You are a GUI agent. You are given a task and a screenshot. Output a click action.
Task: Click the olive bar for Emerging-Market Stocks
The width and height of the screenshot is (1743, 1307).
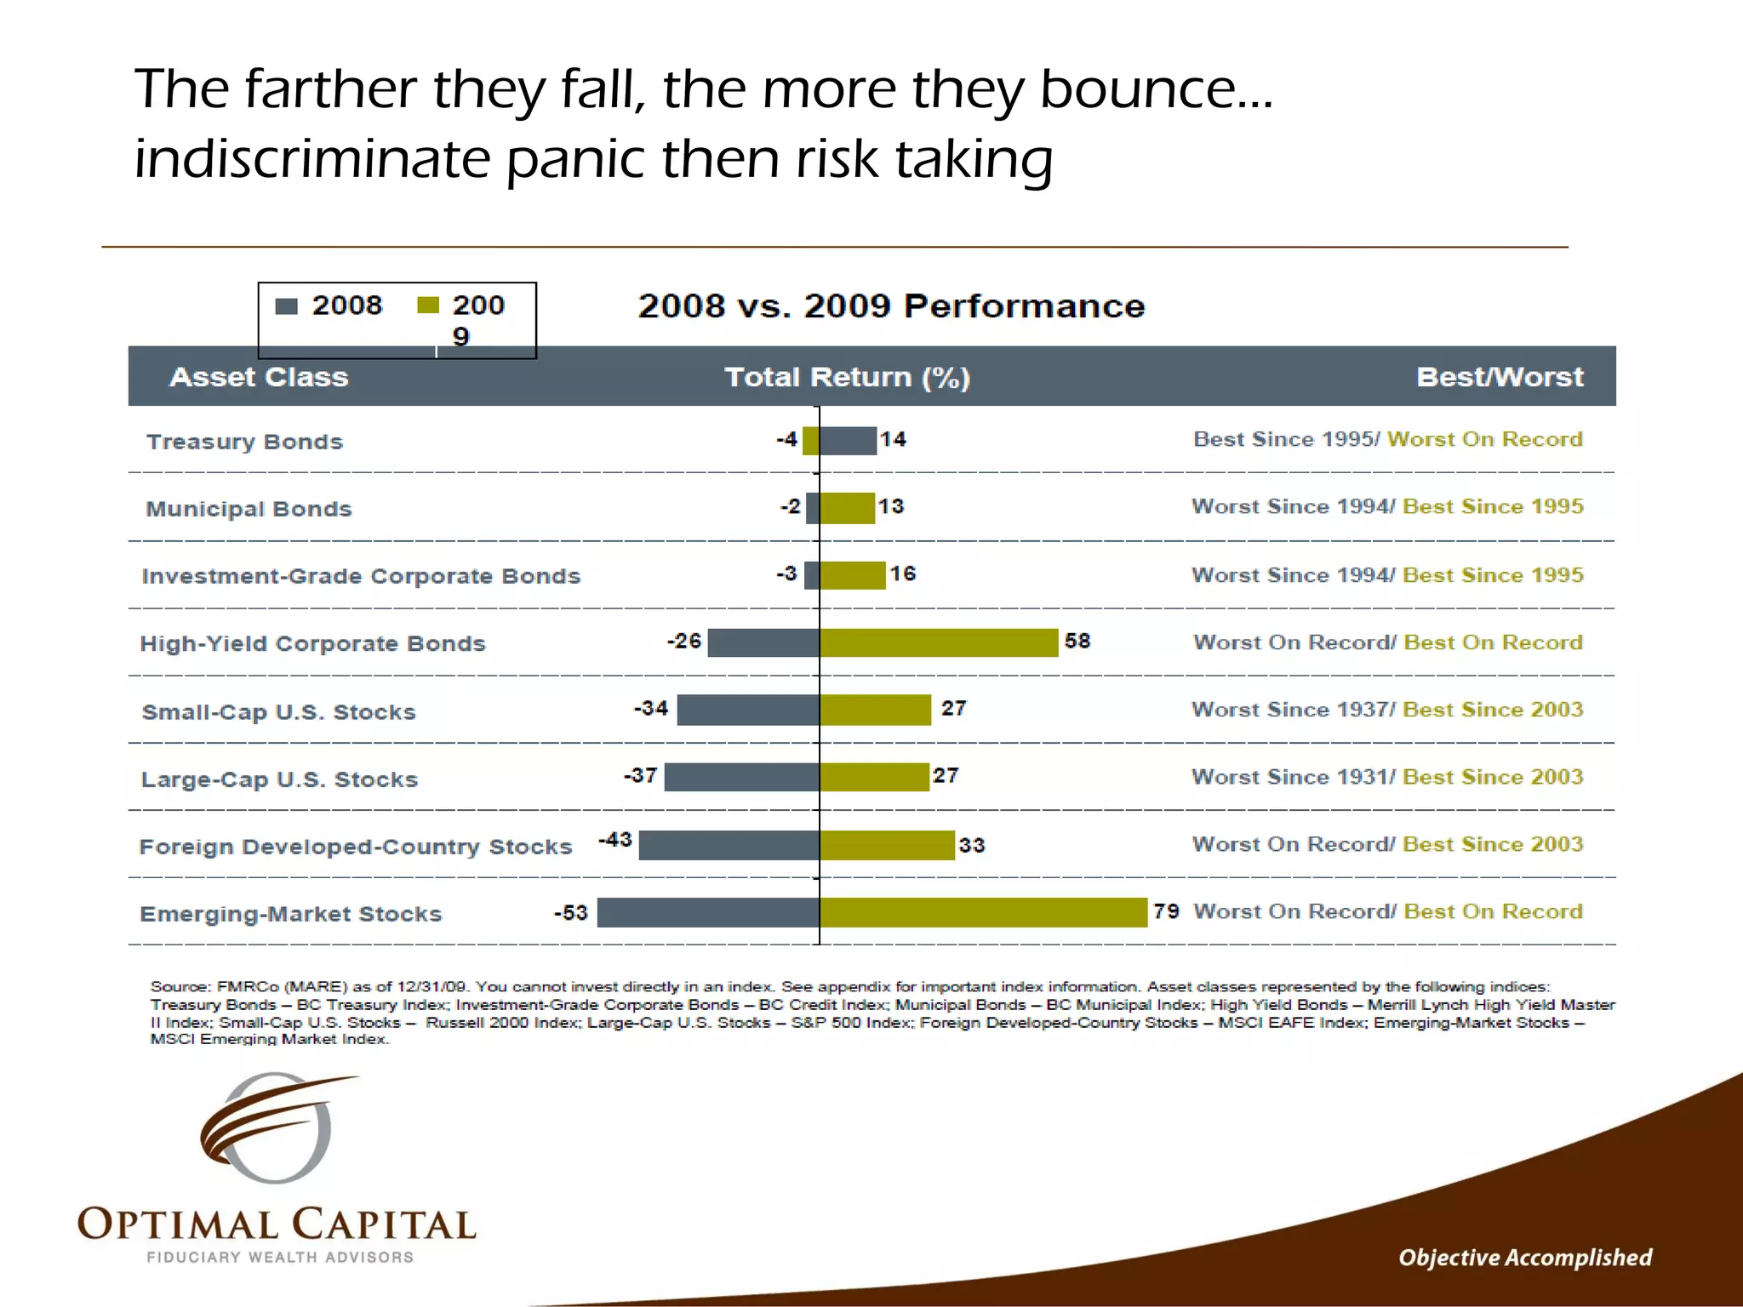[983, 912]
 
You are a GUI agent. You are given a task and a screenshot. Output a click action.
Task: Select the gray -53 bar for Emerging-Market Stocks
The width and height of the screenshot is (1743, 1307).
[708, 912]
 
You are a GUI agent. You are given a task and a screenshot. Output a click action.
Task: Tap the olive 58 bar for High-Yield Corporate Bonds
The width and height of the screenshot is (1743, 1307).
[939, 642]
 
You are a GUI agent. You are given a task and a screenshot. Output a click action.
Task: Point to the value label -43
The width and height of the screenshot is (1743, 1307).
[615, 840]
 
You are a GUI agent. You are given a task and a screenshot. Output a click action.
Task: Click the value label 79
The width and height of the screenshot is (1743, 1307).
[1166, 911]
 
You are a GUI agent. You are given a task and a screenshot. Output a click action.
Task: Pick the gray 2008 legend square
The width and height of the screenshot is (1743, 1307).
[287, 306]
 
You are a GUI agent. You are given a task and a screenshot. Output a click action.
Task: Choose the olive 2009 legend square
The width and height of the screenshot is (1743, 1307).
[428, 305]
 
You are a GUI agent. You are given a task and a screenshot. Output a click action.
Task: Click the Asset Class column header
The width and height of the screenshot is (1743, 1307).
[259, 377]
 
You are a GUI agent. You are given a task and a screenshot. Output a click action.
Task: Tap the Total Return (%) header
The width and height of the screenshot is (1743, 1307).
[847, 377]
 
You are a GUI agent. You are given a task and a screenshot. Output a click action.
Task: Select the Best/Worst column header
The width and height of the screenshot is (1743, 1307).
[1500, 377]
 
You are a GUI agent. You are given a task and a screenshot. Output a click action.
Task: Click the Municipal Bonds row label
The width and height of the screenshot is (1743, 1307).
[249, 509]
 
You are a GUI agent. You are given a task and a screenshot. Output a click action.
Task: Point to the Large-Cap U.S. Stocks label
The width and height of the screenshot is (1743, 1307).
[279, 779]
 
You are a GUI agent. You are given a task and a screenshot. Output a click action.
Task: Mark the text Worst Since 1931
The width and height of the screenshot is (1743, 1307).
[1290, 777]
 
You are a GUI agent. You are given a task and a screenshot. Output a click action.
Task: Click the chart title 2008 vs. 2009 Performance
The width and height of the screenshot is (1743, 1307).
[891, 306]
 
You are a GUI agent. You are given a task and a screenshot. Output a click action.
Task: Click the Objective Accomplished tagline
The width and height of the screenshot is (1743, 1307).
[1525, 1258]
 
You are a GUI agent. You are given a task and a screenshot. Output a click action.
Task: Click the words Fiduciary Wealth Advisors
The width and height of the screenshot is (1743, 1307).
[280, 1257]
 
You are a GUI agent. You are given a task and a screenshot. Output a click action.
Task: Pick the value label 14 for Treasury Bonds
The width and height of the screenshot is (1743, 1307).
[893, 440]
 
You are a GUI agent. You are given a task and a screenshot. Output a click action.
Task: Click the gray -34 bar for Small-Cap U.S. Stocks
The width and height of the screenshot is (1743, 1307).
[748, 710]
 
